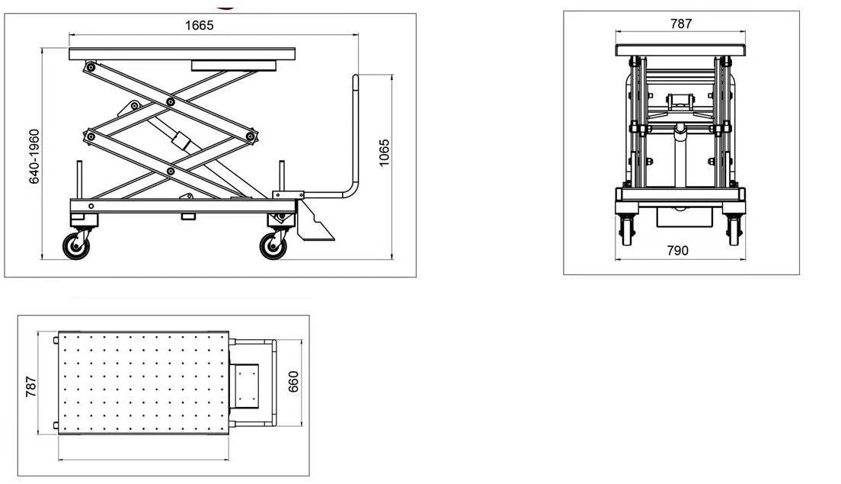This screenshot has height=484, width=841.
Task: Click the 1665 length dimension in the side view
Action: (x=199, y=25)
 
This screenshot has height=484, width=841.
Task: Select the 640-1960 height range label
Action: (x=34, y=156)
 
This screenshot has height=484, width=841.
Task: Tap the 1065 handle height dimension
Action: (x=384, y=153)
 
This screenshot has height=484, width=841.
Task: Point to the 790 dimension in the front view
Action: (x=677, y=251)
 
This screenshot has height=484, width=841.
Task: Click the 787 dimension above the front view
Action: (x=680, y=24)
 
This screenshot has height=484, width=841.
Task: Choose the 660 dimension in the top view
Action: (x=293, y=382)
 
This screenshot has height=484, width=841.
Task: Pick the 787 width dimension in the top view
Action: (x=31, y=386)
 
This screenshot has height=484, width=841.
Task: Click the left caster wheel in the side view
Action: (x=76, y=246)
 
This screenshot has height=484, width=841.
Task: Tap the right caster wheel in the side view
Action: (x=273, y=246)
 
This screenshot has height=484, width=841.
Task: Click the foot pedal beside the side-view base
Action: (x=313, y=221)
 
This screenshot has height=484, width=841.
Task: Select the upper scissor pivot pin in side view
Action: (x=171, y=102)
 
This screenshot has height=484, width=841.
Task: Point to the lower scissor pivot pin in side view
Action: (x=171, y=171)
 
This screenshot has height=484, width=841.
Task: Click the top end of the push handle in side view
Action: (x=355, y=76)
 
